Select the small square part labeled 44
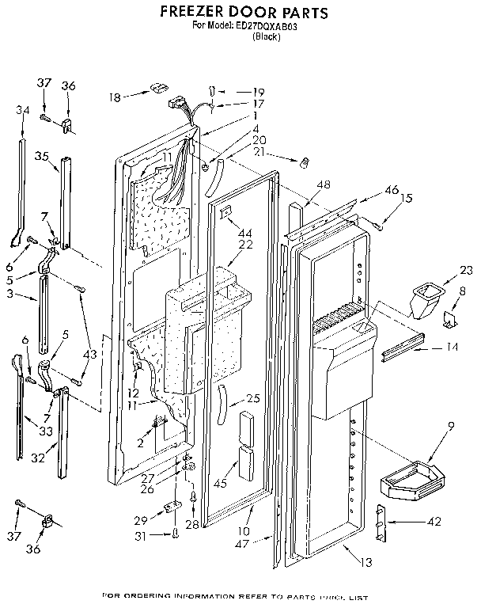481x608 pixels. (x=225, y=212)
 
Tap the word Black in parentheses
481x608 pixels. (x=265, y=37)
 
